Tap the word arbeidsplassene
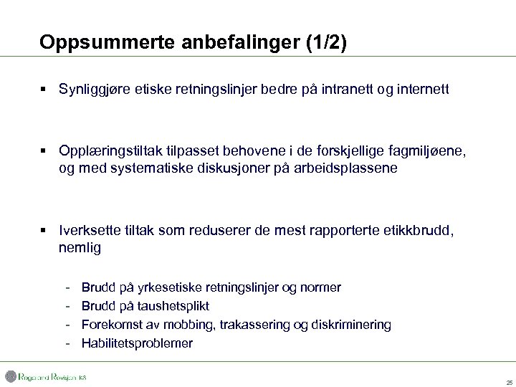(345, 168)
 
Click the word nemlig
(80, 248)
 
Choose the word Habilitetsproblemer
(137, 343)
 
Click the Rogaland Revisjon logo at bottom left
(45, 377)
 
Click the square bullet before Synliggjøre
(44, 90)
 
